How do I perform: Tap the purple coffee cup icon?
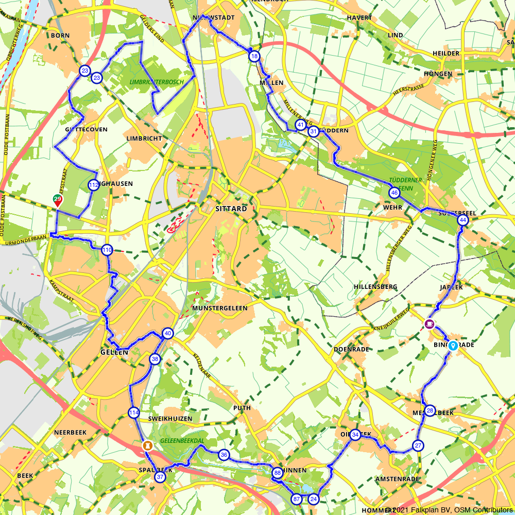click(x=429, y=323)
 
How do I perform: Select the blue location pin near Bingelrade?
click(x=453, y=346)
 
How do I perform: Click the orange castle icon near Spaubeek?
click(x=147, y=444)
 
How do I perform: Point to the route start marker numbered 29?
click(x=58, y=200)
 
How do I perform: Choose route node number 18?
click(x=253, y=56)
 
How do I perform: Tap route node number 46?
click(x=394, y=193)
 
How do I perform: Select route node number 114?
click(x=134, y=413)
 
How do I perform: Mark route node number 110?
click(x=107, y=250)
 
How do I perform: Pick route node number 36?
click(x=224, y=455)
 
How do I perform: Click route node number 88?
click(x=278, y=473)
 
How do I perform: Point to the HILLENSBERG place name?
click(x=375, y=286)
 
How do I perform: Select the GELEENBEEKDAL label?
click(x=182, y=441)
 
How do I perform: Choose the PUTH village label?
click(x=242, y=408)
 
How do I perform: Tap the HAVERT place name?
click(x=359, y=18)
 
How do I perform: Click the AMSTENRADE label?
click(x=397, y=479)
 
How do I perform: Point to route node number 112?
click(x=93, y=185)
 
